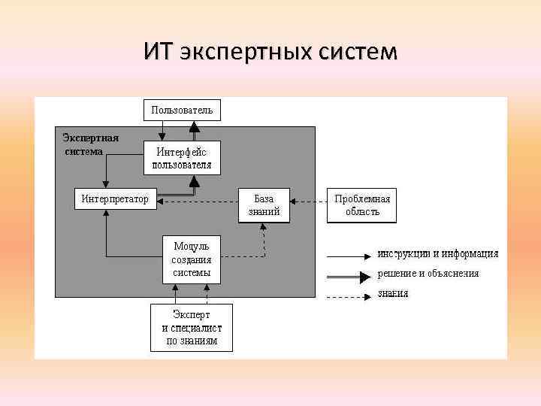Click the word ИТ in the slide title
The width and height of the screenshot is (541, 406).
(x=158, y=52)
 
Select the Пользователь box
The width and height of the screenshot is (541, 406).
(x=182, y=110)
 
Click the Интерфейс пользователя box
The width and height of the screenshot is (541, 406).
(x=182, y=158)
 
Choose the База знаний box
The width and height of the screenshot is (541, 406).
(x=264, y=205)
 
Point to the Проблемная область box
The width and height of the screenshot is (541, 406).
(x=362, y=205)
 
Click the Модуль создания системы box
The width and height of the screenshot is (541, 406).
(x=192, y=259)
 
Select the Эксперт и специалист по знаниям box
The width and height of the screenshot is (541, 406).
(x=192, y=327)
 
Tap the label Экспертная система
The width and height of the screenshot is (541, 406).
(x=90, y=144)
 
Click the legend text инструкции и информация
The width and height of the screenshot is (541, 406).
(x=438, y=253)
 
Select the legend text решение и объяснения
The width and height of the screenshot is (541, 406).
(x=428, y=274)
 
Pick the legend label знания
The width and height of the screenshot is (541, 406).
(x=393, y=294)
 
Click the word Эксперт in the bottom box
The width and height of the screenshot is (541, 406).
(x=192, y=314)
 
